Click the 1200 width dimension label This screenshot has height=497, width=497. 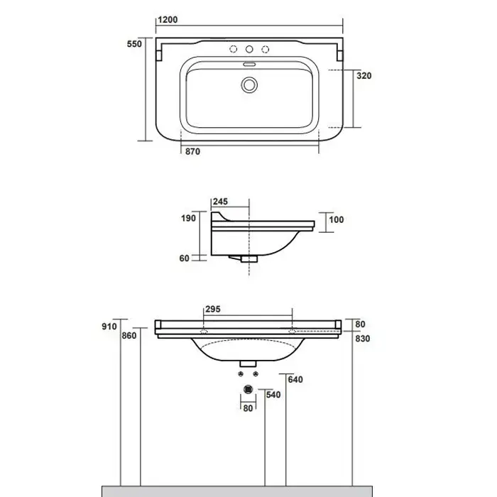[x=168, y=20]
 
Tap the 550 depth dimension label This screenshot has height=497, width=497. [x=134, y=44]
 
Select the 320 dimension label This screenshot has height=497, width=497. [x=364, y=76]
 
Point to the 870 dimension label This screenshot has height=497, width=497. [x=192, y=151]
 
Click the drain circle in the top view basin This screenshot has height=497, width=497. [x=249, y=85]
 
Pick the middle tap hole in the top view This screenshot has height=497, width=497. [x=249, y=49]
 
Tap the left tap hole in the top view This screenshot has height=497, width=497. [x=234, y=49]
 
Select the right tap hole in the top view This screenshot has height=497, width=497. [x=266, y=49]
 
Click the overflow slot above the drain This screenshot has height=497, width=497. [x=249, y=65]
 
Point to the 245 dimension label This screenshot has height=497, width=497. [x=220, y=202]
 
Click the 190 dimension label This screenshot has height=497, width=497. [x=188, y=218]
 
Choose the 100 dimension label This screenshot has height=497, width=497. [x=337, y=219]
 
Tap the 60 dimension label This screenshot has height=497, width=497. [x=184, y=258]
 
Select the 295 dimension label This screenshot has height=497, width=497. [x=213, y=309]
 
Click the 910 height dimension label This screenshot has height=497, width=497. [x=109, y=327]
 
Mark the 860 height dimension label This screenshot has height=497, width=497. [x=129, y=336]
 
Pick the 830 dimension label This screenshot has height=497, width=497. [x=363, y=339]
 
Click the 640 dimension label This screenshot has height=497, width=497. [x=295, y=379]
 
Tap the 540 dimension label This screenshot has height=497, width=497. [x=273, y=395]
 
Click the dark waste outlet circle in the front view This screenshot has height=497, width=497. [x=248, y=389]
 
